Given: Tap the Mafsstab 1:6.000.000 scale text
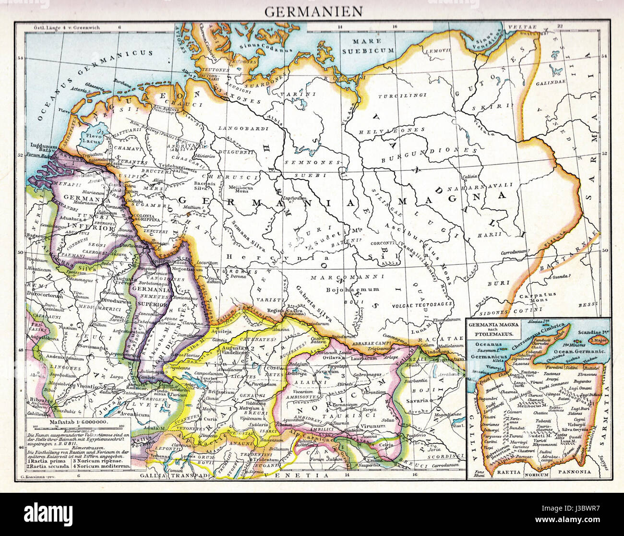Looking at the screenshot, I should click(79, 422).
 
